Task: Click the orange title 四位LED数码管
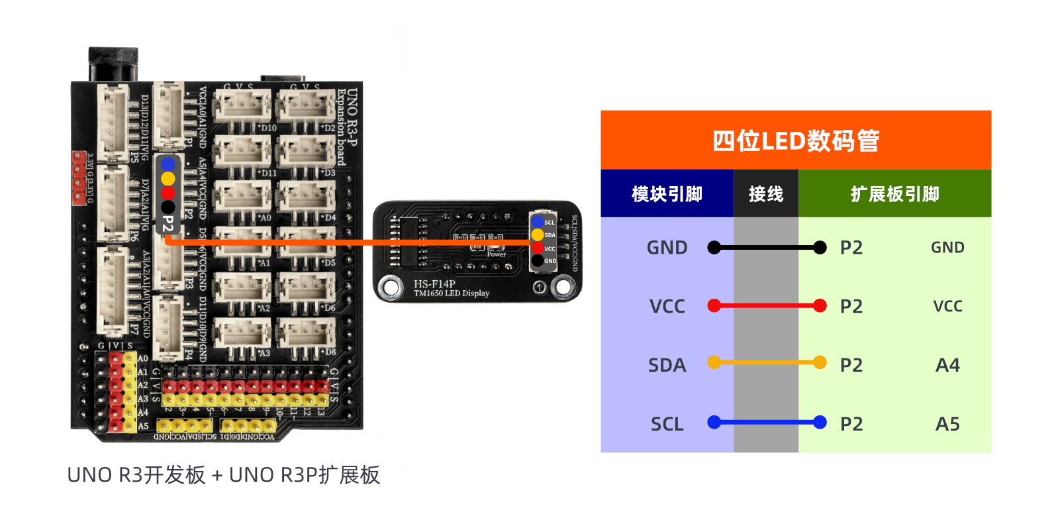pos(795,140)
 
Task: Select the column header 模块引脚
pos(667,194)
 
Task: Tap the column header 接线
pos(765,194)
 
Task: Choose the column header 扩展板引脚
pos(894,194)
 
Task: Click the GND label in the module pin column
pos(667,248)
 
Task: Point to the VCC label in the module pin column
pos(667,307)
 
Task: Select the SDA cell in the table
pos(667,366)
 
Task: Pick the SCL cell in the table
pos(667,424)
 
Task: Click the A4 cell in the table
pos(947,366)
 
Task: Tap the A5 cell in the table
pos(947,424)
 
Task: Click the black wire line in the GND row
pos(767,248)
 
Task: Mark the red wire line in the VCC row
pos(767,305)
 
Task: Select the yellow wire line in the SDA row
pos(767,362)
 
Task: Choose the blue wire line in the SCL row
pos(767,422)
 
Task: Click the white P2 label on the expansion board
pos(168,224)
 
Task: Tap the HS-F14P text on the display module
pos(434,284)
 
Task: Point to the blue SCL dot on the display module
pos(538,222)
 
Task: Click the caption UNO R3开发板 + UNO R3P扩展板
pos(224,475)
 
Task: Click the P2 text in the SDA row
pos(851,366)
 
